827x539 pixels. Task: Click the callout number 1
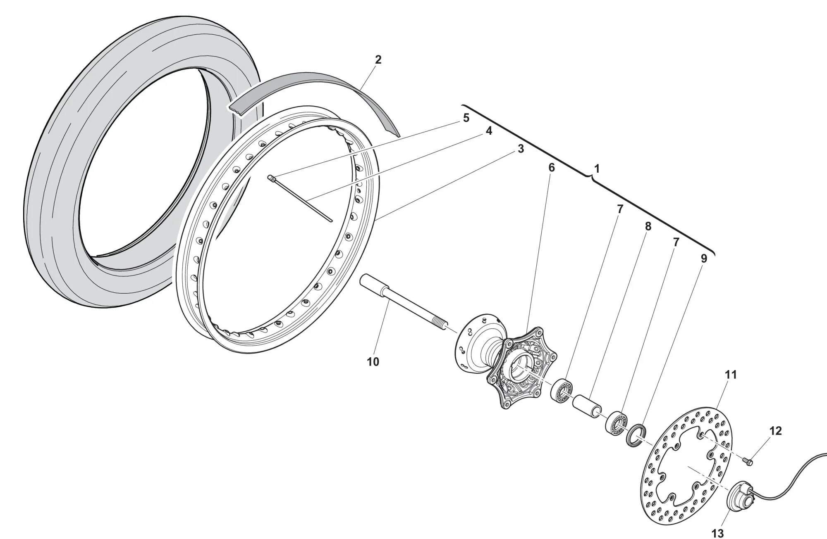pyautogui.click(x=596, y=169)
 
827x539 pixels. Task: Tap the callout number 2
pyautogui.click(x=378, y=60)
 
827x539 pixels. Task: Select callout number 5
pyautogui.click(x=466, y=118)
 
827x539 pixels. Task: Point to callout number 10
pyautogui.click(x=373, y=362)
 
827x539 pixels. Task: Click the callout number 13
pyautogui.click(x=718, y=533)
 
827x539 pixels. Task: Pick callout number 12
pyautogui.click(x=776, y=431)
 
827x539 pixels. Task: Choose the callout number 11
pyautogui.click(x=731, y=375)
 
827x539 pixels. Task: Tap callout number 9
pyautogui.click(x=703, y=259)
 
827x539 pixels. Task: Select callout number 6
pyautogui.click(x=551, y=168)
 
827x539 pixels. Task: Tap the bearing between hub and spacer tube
pyautogui.click(x=562, y=390)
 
